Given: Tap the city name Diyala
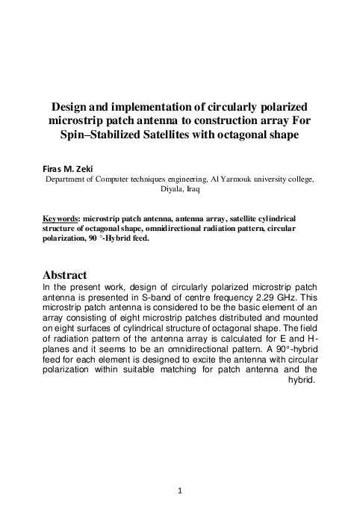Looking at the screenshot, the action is (173, 190).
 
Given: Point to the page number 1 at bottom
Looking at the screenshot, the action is (180, 491).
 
